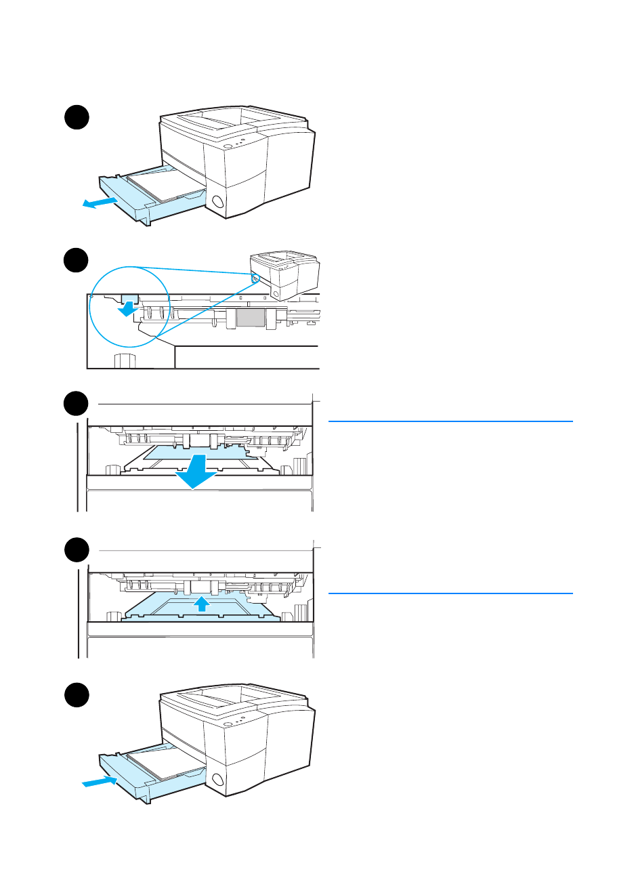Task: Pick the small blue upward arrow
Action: [x=201, y=603]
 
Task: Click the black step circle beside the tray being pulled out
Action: [x=77, y=117]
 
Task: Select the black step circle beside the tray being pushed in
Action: [x=77, y=696]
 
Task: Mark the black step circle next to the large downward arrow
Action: [x=77, y=404]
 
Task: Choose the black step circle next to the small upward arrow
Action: [x=77, y=550]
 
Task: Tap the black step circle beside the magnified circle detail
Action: [x=77, y=262]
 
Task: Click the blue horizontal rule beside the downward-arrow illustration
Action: [x=450, y=421]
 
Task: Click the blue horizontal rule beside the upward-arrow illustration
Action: [x=450, y=593]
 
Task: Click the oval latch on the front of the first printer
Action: [x=217, y=201]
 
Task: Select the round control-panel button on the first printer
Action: [x=228, y=146]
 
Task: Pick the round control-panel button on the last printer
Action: [x=228, y=724]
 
